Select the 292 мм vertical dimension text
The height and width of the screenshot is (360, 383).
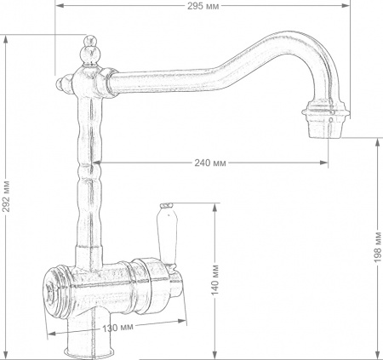click(x=7, y=197)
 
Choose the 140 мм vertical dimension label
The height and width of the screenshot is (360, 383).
click(x=215, y=280)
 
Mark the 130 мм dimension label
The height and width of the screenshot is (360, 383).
click(x=118, y=327)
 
